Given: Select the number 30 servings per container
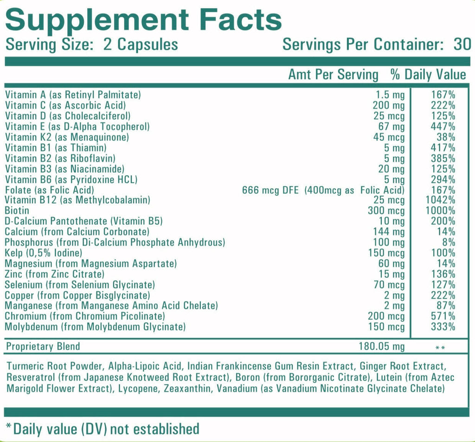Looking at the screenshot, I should [x=462, y=45].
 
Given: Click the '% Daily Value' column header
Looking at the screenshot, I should [x=428, y=75].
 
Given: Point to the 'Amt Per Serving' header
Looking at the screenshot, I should [x=333, y=75].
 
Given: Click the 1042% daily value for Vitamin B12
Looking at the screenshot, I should [x=443, y=200].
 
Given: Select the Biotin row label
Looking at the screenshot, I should [x=17, y=211].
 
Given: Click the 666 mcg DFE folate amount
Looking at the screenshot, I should [x=271, y=190].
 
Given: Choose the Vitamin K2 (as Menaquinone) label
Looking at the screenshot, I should [x=67, y=137].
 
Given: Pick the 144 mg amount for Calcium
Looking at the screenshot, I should [x=389, y=232].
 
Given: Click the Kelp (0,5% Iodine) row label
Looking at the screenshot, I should [x=43, y=253].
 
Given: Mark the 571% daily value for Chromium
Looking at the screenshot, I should [x=445, y=316].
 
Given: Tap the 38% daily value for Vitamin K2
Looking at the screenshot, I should [x=447, y=137].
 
